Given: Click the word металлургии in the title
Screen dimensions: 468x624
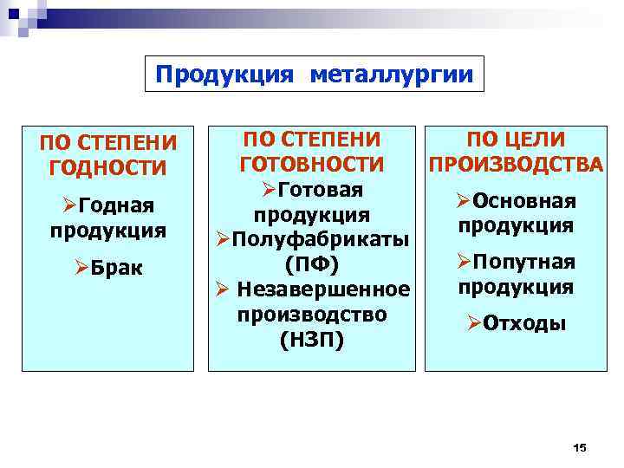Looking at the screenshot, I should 391,75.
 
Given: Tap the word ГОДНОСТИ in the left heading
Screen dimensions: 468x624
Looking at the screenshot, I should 108,166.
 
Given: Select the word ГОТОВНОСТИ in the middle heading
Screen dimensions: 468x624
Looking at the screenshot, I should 311,163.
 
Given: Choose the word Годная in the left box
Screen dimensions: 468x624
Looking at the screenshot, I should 116,206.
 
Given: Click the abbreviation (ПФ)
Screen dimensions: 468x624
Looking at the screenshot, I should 311,263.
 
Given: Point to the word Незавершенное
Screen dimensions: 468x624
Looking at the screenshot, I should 323,288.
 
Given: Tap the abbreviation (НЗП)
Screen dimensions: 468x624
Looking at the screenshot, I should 311,340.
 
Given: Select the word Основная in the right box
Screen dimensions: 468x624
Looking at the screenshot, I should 525,201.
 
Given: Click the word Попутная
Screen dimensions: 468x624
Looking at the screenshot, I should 525,262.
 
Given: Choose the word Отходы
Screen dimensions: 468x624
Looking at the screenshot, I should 526,323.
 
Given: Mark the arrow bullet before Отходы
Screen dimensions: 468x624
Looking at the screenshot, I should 474,323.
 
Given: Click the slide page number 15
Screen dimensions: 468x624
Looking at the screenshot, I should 580,447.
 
